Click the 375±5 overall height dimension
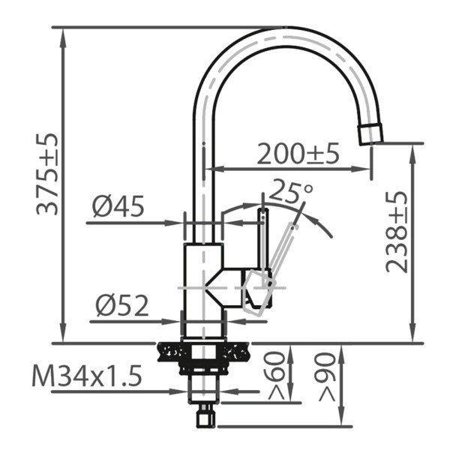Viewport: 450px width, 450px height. tap(48, 175)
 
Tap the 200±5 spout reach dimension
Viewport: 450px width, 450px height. tap(298, 154)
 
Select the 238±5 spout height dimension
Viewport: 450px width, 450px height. tap(397, 232)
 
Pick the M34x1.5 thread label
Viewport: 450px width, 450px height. tap(87, 376)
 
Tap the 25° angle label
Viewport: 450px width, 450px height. tap(291, 190)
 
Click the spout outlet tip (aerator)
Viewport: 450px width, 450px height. tap(370, 135)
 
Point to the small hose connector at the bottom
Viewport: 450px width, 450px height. tap(205, 416)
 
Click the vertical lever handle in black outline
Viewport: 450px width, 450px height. tap(263, 240)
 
